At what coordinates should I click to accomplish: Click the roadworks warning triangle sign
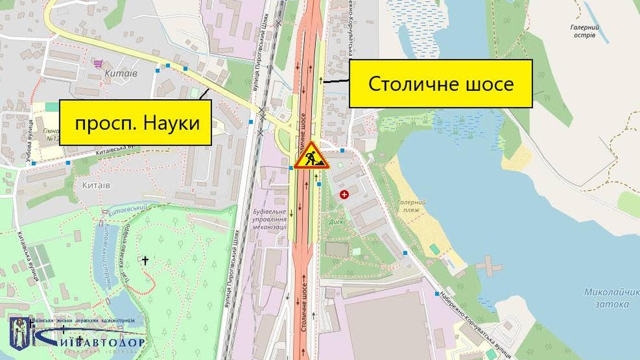312,156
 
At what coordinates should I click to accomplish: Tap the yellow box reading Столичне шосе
440,84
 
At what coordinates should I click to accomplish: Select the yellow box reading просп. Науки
135,123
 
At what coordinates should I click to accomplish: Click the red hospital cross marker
344,194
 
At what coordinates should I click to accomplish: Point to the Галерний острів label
585,31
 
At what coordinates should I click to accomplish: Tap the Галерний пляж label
411,206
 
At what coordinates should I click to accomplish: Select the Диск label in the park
336,222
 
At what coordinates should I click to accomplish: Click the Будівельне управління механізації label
269,219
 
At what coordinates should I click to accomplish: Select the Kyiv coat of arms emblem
21,333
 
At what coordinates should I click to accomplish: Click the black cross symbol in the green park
145,260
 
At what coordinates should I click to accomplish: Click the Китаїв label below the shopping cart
121,73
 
